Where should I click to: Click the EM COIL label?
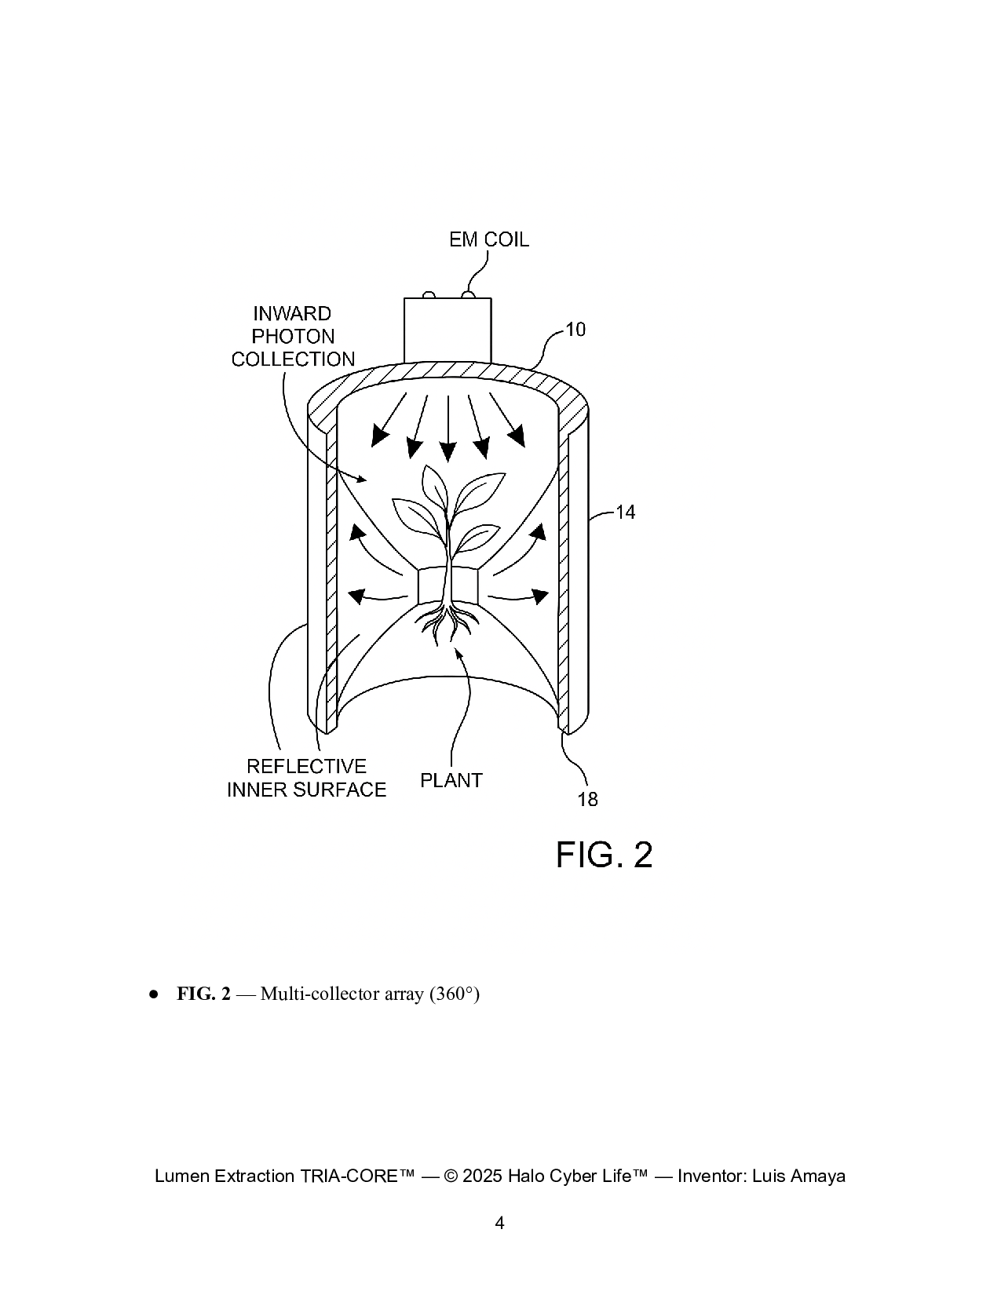coord(488,239)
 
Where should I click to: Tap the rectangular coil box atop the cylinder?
coord(447,330)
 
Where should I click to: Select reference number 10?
coord(575,330)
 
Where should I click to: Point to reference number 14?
coord(625,513)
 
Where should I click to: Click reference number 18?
coord(587,800)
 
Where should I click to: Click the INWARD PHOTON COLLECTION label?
coord(293,337)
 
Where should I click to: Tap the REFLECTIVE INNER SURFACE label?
coord(306,778)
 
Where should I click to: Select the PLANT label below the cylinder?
coord(451,780)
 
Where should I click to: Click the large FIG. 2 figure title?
coord(604,855)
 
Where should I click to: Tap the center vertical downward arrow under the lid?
coord(448,428)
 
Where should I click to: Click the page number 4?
coord(500,1223)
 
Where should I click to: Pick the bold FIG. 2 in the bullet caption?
coord(203,994)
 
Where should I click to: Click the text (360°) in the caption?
coord(454,994)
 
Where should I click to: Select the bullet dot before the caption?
coord(154,994)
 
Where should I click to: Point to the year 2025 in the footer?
coord(483,1176)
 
